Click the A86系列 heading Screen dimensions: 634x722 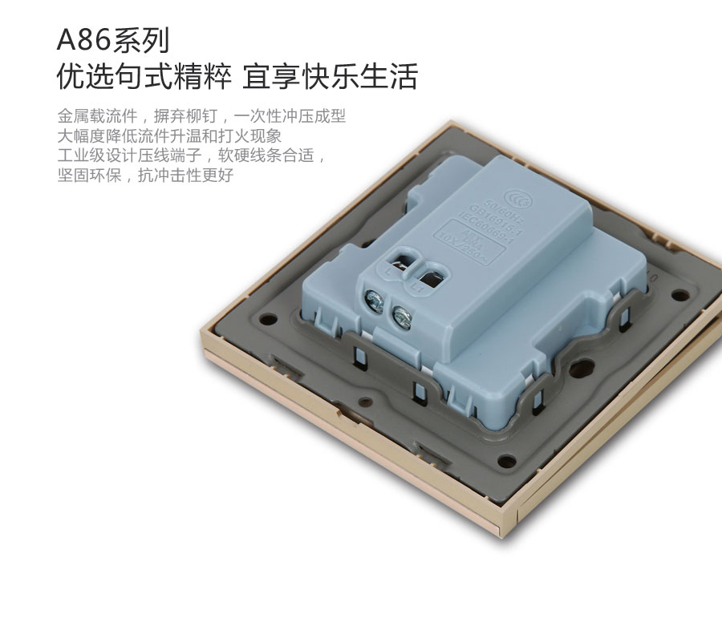[x=113, y=39]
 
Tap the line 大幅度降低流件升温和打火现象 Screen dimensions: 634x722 [x=169, y=135]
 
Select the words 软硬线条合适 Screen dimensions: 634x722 [x=273, y=155]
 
